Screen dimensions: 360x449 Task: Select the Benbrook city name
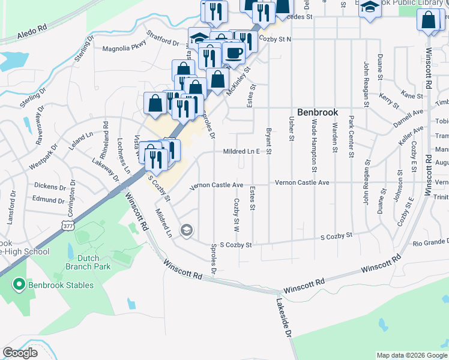click(318, 112)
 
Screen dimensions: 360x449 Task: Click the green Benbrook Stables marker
click(19, 284)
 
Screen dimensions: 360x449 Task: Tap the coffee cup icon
click(234, 53)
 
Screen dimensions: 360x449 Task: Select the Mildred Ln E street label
click(241, 152)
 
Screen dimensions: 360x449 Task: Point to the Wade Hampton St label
click(314, 139)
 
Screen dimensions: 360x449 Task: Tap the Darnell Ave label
click(408, 116)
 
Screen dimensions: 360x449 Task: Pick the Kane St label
click(412, 95)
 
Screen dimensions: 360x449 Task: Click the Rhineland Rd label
click(106, 139)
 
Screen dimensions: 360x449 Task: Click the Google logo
click(20, 353)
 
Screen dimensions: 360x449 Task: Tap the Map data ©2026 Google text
click(411, 355)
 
